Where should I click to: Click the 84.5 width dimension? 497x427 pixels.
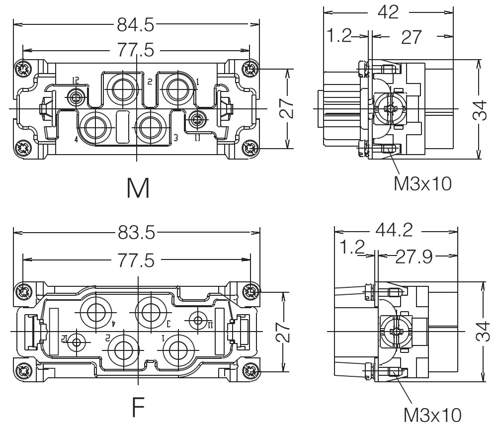[x=136, y=23]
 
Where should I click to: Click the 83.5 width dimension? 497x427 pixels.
[x=136, y=232]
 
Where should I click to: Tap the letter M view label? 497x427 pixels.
[x=137, y=188]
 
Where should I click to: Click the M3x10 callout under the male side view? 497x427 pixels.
[x=422, y=184]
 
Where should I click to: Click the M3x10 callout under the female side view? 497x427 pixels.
[x=431, y=414]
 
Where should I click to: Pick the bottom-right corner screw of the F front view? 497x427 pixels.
[x=251, y=371]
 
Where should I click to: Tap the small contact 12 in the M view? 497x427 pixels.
[x=76, y=96]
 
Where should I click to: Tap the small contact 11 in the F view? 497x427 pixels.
[x=199, y=321]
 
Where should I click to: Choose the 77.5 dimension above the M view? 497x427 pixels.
[x=136, y=50]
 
